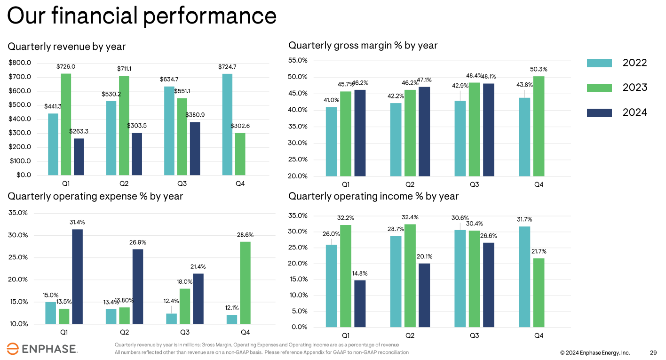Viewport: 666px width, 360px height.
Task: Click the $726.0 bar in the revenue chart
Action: pyautogui.click(x=66, y=124)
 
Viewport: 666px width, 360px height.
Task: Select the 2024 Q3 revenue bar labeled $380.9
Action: pyautogui.click(x=195, y=148)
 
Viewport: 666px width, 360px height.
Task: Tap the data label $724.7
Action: pyautogui.click(x=227, y=67)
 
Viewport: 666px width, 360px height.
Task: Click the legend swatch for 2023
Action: pyautogui.click(x=599, y=88)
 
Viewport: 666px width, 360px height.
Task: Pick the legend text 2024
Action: pyautogui.click(x=634, y=112)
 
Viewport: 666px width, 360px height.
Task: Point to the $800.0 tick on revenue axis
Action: pyautogui.click(x=20, y=63)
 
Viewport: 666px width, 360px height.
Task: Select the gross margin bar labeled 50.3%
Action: pyautogui.click(x=539, y=126)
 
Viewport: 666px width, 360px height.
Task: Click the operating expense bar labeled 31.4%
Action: pyautogui.click(x=77, y=276)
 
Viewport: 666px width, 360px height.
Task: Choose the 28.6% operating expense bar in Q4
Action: pyautogui.click(x=245, y=282)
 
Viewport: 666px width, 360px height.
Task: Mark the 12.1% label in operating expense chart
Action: pyautogui.click(x=231, y=308)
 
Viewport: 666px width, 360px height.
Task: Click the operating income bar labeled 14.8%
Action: pyautogui.click(x=359, y=304)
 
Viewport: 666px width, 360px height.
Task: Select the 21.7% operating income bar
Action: pyautogui.click(x=539, y=292)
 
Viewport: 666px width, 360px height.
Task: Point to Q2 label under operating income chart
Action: pyautogui.click(x=410, y=336)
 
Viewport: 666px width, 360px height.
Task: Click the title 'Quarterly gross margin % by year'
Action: pyautogui.click(x=363, y=46)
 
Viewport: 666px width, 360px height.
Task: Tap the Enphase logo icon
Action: pyautogui.click(x=13, y=349)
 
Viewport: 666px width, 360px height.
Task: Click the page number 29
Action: pyautogui.click(x=653, y=352)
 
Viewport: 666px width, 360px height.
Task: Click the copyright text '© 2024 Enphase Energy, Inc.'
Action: pyautogui.click(x=595, y=352)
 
